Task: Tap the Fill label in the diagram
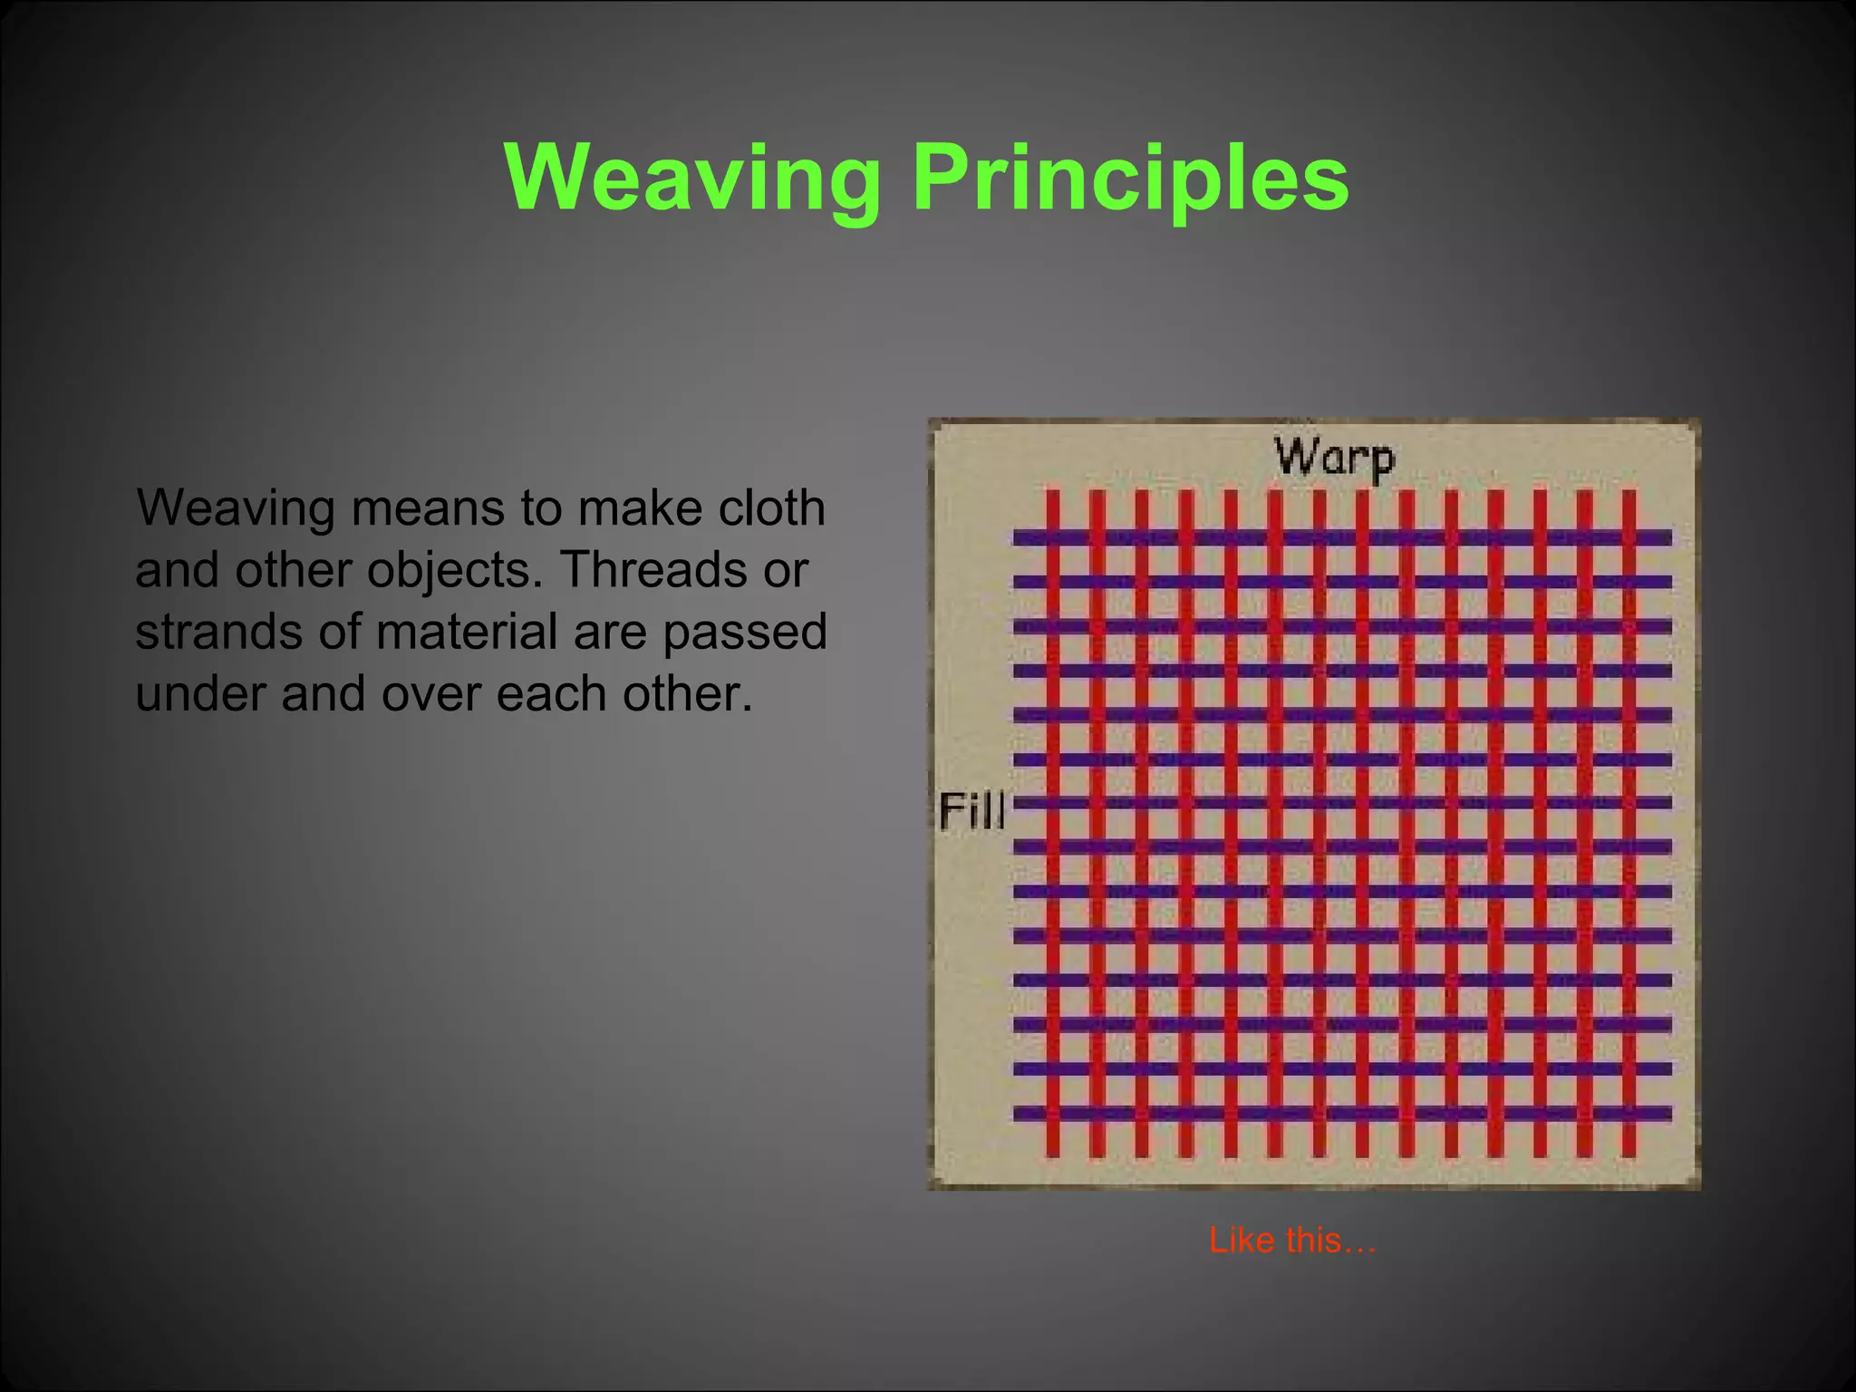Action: [971, 810]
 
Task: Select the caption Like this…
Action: [1292, 1241]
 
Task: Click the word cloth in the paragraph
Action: [771, 507]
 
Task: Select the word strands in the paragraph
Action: [217, 632]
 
